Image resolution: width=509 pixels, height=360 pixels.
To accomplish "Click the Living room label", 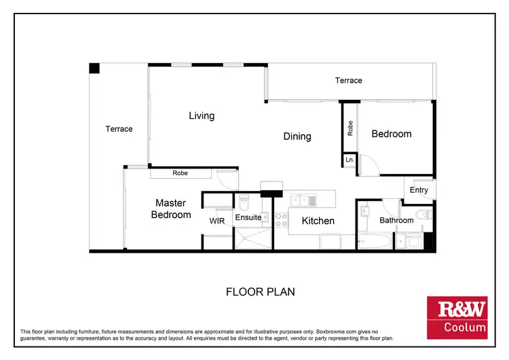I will [202, 115].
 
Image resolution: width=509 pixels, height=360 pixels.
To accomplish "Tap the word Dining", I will [297, 137].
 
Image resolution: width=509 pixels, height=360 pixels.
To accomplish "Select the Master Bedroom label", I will [172, 209].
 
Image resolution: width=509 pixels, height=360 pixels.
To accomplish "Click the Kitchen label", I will [318, 221].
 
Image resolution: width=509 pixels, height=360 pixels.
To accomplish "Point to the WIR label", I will [217, 221].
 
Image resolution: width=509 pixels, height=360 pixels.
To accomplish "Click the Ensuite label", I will [248, 218].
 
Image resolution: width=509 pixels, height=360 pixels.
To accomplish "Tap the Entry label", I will [419, 190].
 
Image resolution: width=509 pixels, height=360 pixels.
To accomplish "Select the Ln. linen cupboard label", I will [350, 160].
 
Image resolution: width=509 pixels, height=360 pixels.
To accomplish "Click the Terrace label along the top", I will [349, 80].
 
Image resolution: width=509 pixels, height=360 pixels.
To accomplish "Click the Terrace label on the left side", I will [119, 129].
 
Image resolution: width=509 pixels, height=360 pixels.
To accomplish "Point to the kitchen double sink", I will [303, 200].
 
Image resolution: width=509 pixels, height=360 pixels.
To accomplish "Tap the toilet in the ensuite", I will [244, 202].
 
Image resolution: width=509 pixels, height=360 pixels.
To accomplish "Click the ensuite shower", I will [253, 238].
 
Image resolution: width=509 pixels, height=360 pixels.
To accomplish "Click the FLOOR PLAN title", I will [260, 292].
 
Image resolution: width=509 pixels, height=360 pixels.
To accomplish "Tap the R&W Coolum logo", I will [456, 318].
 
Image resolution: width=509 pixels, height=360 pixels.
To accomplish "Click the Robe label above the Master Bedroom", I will [180, 173].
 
